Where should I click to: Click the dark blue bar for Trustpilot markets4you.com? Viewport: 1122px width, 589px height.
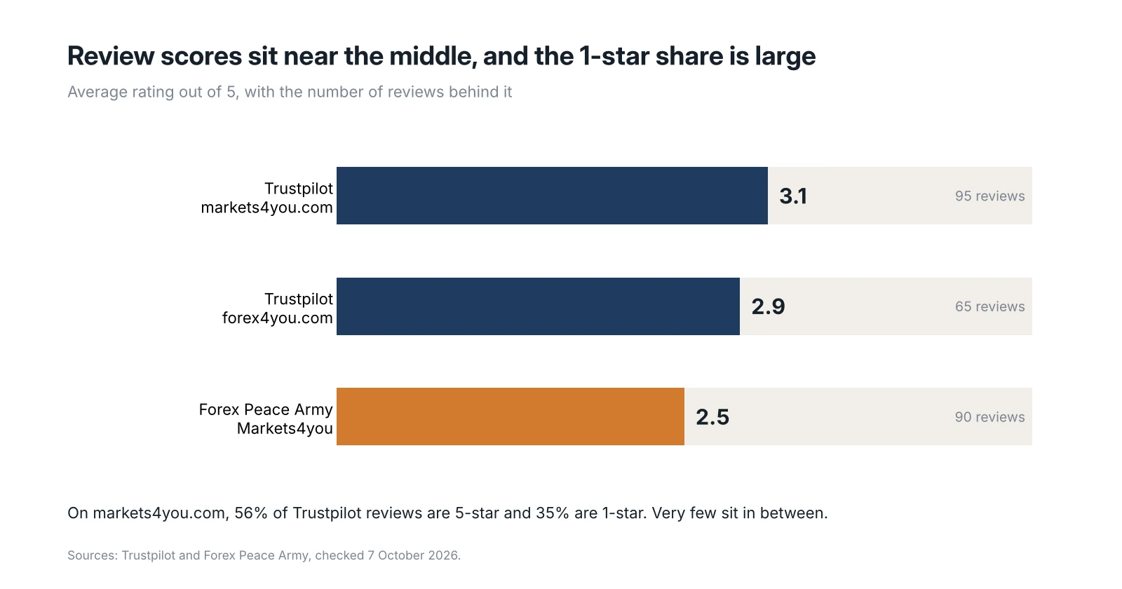coord(552,196)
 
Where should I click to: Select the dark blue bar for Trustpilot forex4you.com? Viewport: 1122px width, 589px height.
coord(538,306)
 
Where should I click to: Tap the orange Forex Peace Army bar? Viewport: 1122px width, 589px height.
coord(511,417)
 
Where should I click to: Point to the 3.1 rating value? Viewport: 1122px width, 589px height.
coord(793,196)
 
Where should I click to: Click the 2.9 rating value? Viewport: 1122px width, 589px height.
coord(768,306)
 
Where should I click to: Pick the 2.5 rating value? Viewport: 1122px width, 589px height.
coord(712,417)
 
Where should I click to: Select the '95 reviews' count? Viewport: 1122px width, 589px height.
coord(989,196)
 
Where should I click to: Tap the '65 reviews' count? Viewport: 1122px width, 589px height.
coord(989,306)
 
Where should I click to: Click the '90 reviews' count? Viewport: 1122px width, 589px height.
coord(989,417)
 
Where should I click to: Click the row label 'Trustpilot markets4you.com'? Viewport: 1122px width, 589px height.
coord(267,198)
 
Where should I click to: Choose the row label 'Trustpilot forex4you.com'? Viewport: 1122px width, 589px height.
coord(278,309)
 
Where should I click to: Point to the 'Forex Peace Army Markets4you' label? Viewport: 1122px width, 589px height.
coord(266,419)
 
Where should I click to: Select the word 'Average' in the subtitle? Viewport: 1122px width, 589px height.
coord(97,92)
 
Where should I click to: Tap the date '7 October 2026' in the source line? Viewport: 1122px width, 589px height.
coord(413,555)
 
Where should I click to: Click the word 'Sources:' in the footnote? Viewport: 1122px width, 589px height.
coord(93,555)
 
